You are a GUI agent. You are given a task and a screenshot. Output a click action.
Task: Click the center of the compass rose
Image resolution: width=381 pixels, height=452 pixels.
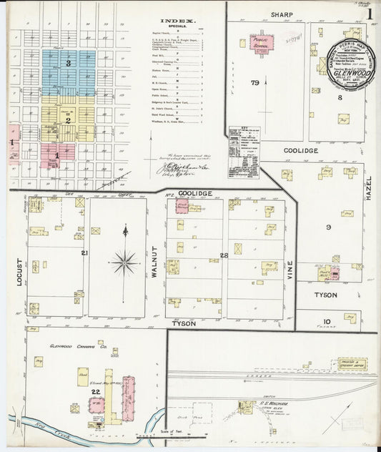[x=125, y=262]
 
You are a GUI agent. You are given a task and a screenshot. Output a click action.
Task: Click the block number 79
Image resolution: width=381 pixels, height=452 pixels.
[x=254, y=84]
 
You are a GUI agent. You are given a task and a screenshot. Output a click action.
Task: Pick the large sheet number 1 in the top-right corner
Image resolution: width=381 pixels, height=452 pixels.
[x=370, y=13]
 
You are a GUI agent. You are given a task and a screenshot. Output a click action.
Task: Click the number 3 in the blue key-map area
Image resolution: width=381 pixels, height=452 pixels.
[x=68, y=64]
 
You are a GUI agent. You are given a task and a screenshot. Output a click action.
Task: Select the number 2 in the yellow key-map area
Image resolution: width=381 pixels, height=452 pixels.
[x=67, y=120]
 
